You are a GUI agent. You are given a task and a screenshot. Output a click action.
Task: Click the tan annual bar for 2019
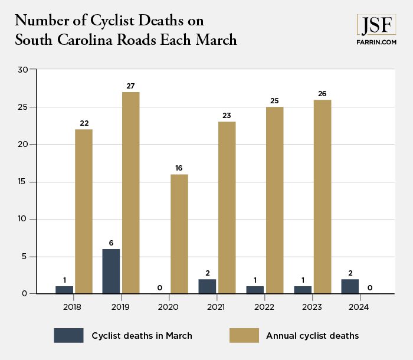click(130, 192)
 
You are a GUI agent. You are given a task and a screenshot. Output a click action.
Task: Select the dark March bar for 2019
click(111, 271)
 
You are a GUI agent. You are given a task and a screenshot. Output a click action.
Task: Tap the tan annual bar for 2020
click(178, 234)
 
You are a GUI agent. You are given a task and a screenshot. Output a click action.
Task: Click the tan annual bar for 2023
click(322, 197)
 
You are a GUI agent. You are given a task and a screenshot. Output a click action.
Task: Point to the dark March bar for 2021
click(206, 286)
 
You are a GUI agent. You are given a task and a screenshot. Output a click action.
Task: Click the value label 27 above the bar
click(130, 86)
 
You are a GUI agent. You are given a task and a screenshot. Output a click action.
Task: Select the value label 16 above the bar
click(178, 168)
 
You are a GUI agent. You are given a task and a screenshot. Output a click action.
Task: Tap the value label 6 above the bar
click(111, 243)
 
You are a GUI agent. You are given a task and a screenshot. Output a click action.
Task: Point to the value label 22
click(83, 123)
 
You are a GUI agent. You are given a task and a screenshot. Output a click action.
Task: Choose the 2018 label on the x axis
click(73, 307)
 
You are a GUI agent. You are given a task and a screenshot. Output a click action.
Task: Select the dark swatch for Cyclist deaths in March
click(68, 335)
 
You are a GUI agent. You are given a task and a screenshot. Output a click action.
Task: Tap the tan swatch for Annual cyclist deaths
click(244, 335)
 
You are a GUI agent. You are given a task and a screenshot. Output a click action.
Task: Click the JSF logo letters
click(376, 25)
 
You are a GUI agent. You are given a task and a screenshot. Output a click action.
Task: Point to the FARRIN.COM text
click(376, 42)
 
